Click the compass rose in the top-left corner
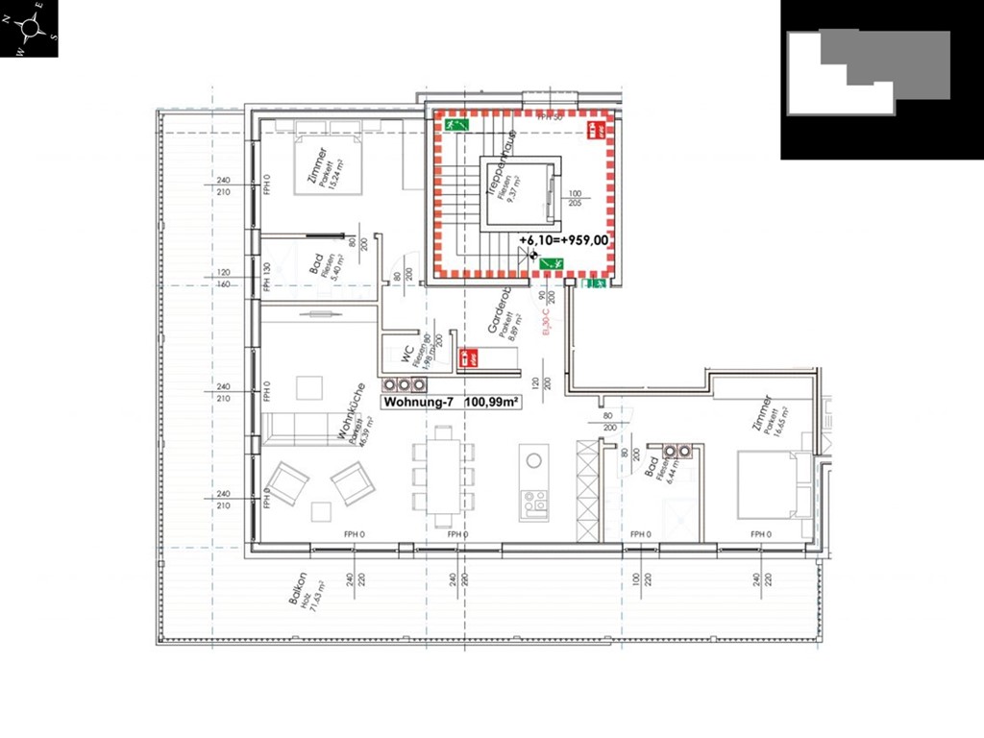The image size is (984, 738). coord(30,29)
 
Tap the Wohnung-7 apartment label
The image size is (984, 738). coord(421,403)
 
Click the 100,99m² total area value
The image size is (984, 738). coord(492,403)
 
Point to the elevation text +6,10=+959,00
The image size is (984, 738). coord(564,241)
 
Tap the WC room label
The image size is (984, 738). coord(409,355)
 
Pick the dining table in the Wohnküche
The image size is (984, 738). coord(443,477)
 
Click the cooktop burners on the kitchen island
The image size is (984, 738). coord(534,502)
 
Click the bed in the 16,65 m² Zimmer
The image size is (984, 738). coord(769,485)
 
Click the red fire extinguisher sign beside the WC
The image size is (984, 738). coord(470,357)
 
